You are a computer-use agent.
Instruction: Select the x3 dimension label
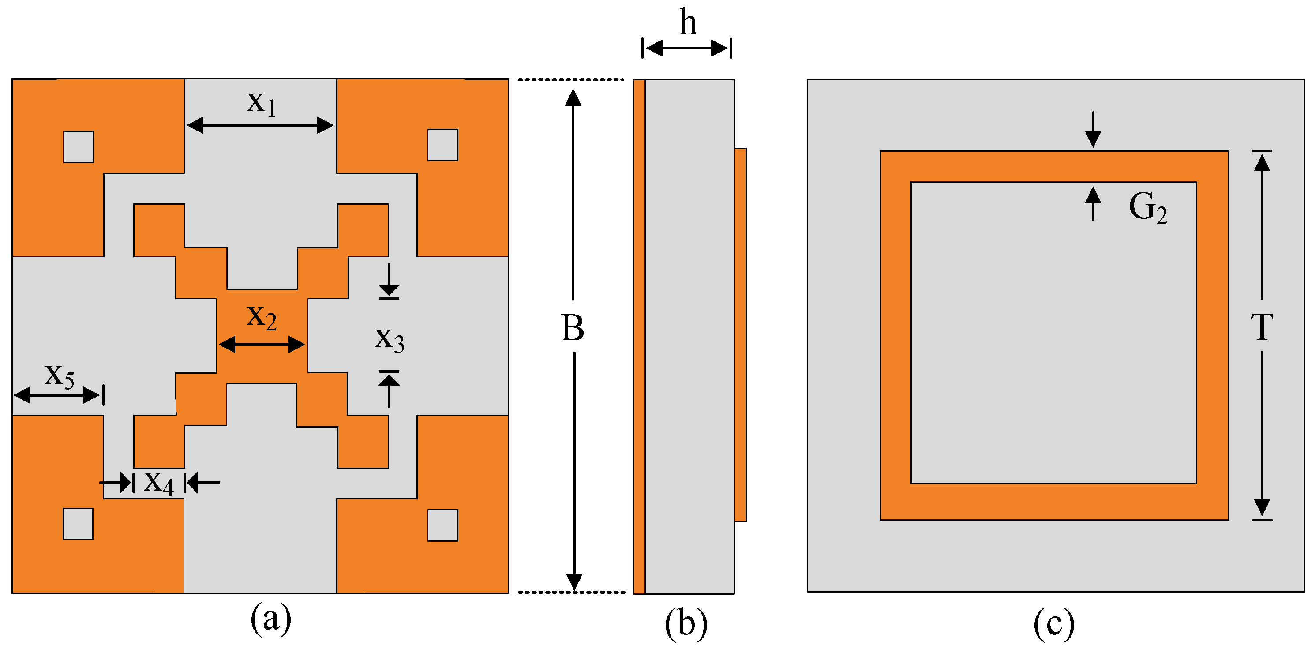click(x=390, y=339)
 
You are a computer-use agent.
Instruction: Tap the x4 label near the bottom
click(x=159, y=482)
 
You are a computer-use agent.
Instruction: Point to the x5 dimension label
click(x=59, y=376)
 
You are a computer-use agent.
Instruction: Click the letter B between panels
click(x=573, y=328)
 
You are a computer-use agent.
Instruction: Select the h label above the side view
click(x=688, y=23)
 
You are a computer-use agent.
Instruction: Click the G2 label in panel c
click(x=1147, y=208)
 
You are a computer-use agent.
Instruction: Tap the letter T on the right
click(x=1261, y=327)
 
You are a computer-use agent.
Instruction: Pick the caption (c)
click(x=1054, y=623)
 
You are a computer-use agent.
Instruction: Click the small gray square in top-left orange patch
click(x=78, y=147)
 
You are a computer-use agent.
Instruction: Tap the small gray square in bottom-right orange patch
click(x=442, y=525)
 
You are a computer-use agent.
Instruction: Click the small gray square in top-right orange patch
click(x=442, y=146)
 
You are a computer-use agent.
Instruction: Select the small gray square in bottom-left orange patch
click(x=78, y=524)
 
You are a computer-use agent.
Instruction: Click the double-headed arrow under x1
click(x=260, y=125)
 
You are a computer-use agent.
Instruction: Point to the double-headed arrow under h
click(x=686, y=49)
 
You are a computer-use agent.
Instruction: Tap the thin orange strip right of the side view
click(x=741, y=334)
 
